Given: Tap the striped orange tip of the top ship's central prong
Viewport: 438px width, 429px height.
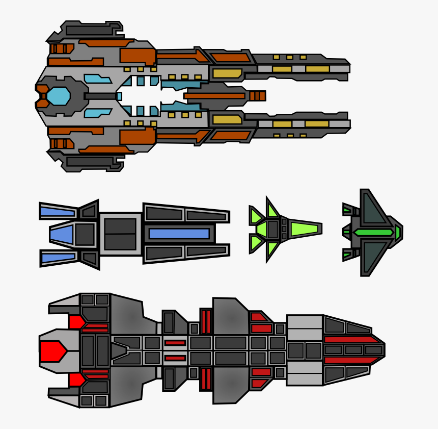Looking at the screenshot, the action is pyautogui.click(x=257, y=96).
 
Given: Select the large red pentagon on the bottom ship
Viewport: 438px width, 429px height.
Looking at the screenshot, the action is pyautogui.click(x=52, y=351).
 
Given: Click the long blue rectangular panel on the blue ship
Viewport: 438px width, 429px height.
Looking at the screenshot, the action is pyautogui.click(x=179, y=234).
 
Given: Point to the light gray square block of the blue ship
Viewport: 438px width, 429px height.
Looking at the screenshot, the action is pyautogui.click(x=120, y=234).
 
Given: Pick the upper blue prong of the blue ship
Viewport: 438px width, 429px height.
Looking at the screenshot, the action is pyautogui.click(x=57, y=211).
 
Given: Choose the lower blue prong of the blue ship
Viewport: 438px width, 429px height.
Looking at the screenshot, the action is pyautogui.click(x=57, y=258).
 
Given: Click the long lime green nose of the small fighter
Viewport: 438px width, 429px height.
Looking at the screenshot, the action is pyautogui.click(x=305, y=229).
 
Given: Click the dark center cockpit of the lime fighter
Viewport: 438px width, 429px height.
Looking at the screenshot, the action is pyautogui.click(x=273, y=229).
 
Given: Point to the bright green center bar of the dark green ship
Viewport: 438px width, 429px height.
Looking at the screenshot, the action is pyautogui.click(x=373, y=233).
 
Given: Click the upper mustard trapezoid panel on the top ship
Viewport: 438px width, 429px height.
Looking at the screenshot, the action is pyautogui.click(x=227, y=73).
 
